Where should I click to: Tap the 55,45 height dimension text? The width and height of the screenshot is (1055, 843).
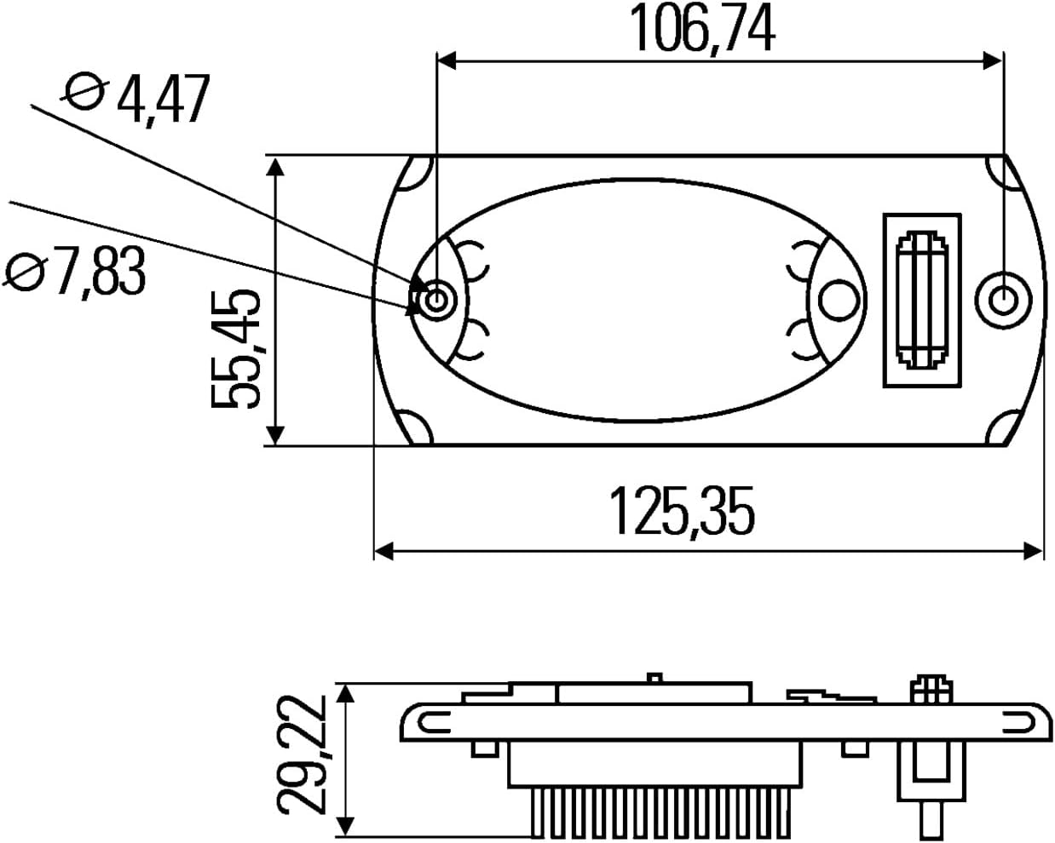click(x=234, y=349)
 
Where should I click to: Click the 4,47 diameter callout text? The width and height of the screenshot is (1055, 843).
click(x=164, y=100)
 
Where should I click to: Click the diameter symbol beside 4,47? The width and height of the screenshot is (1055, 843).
click(x=84, y=92)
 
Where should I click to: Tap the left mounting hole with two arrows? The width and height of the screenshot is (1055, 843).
click(x=435, y=299)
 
